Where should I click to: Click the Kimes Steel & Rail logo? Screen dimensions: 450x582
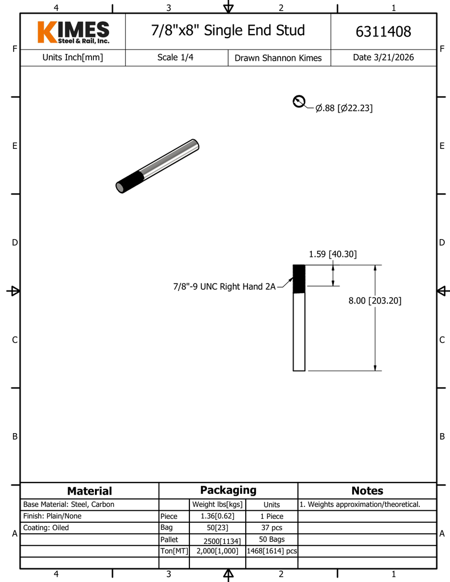click(73, 32)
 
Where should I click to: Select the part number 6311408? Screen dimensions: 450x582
click(383, 32)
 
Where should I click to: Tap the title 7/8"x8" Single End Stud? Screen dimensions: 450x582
click(228, 31)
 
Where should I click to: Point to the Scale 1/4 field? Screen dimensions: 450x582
click(175, 57)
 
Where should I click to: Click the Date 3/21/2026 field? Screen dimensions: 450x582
click(383, 57)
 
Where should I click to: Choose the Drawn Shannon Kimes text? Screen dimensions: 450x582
click(278, 58)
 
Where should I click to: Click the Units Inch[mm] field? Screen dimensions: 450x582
click(73, 57)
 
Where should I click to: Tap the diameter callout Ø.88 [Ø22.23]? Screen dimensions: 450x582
click(344, 108)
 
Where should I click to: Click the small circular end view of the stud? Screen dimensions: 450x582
click(299, 101)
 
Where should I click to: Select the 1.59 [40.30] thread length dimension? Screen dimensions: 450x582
click(333, 254)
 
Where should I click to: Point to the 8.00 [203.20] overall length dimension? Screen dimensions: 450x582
click(375, 300)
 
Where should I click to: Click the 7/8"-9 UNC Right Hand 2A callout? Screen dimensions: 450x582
click(225, 286)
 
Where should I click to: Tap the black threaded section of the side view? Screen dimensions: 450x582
click(299, 278)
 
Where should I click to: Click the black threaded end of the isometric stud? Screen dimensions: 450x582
click(130, 182)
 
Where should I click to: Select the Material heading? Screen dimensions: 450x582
click(89, 491)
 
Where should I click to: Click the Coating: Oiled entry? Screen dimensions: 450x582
click(46, 527)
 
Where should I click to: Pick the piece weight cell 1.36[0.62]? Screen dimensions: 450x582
click(217, 516)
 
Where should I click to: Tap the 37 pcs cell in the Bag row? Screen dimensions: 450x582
click(271, 527)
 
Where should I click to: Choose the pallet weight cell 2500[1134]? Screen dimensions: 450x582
click(222, 541)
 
